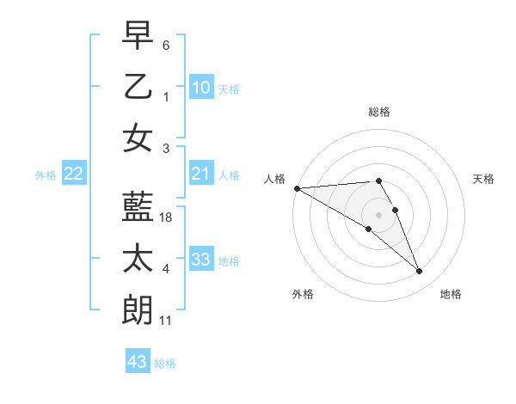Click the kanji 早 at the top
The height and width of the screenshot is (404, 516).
tap(138, 35)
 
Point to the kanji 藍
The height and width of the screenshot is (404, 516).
tap(138, 206)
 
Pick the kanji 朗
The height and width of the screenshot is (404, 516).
tap(138, 309)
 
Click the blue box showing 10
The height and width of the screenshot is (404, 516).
tap(201, 88)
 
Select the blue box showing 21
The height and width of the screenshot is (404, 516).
tap(201, 174)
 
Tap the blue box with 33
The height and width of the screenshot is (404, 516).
tap(201, 260)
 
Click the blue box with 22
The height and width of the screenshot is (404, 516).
tap(74, 174)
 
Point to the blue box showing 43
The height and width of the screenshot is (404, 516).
tap(138, 362)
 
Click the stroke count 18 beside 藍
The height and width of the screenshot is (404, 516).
tap(167, 218)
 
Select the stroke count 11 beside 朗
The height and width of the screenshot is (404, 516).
tap(166, 321)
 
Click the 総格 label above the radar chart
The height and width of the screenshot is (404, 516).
tap(379, 112)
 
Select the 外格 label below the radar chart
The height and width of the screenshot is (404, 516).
tap(303, 294)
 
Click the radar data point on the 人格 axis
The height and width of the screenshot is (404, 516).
tap(297, 188)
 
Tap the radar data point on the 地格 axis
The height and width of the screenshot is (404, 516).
tap(420, 272)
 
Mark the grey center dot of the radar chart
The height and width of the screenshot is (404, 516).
tap(379, 214)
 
